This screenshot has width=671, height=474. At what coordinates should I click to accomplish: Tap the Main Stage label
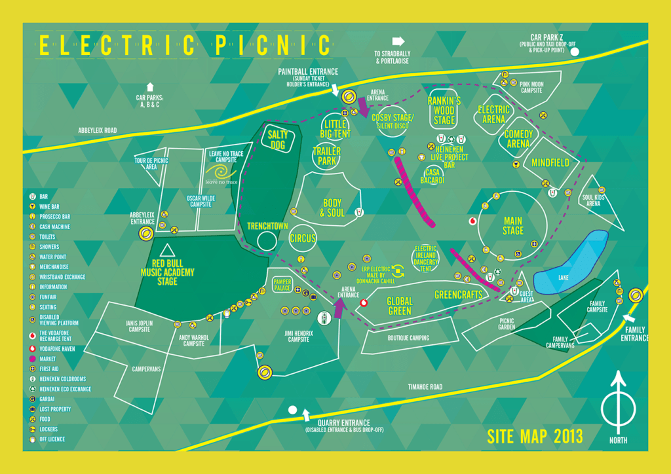(x=512, y=226)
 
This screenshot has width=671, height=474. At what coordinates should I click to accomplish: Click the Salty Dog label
(x=278, y=139)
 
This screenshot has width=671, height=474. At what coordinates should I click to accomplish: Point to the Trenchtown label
(x=267, y=226)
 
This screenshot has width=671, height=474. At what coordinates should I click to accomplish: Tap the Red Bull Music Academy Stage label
(x=168, y=272)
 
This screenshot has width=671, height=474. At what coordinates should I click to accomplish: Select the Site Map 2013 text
(x=535, y=436)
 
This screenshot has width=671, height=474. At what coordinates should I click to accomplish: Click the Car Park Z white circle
(x=575, y=52)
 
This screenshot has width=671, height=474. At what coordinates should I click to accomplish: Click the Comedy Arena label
(x=518, y=139)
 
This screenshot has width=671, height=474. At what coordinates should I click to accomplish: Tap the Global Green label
(x=399, y=306)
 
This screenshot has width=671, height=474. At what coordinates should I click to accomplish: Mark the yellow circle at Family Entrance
(x=634, y=295)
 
